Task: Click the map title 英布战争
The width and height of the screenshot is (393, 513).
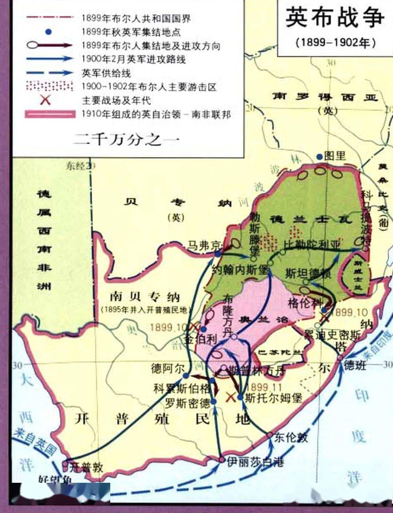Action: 335,17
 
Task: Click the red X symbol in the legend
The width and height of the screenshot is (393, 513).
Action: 45,99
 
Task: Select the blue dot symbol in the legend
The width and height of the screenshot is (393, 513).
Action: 48,32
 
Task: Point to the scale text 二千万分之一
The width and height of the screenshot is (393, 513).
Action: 126,139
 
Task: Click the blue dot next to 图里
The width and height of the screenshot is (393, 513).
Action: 319,157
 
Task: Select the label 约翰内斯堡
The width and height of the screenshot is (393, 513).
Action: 240,270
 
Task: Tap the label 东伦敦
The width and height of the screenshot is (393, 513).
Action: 291,437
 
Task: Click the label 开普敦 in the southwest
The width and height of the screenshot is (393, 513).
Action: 86,467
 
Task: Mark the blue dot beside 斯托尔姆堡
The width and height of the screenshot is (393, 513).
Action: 240,396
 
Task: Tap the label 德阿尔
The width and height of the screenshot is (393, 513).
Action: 167,368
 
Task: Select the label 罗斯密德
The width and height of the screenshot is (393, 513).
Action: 188,403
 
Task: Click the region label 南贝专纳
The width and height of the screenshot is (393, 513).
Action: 145,297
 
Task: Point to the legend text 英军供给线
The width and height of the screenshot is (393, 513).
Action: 106,73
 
